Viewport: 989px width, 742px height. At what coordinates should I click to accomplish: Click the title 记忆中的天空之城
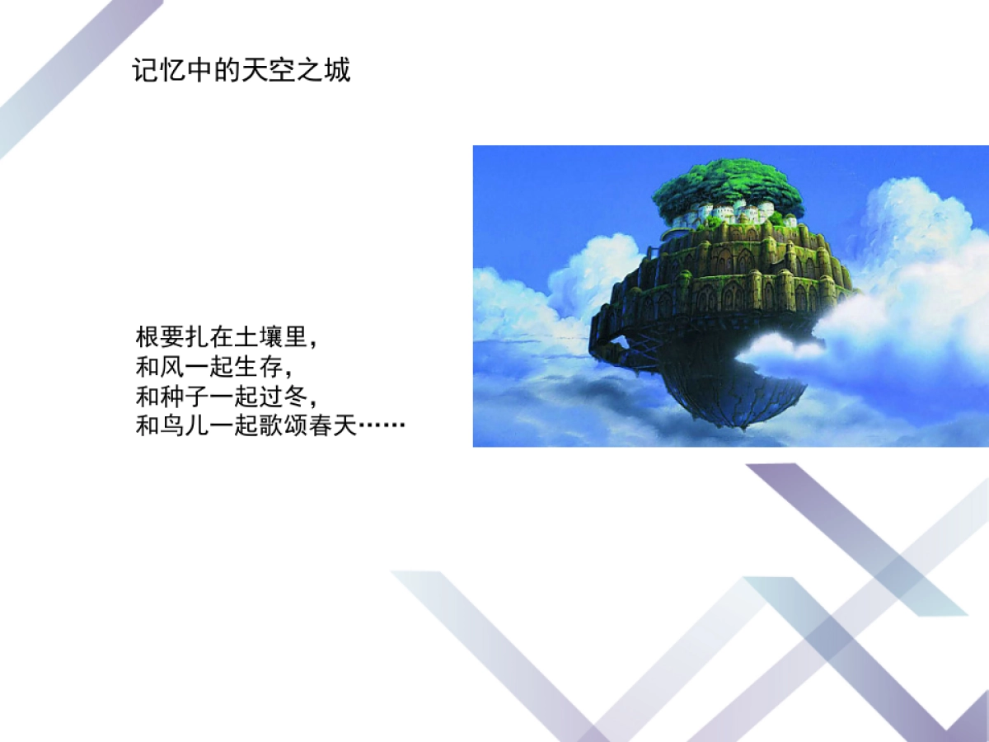coord(241,71)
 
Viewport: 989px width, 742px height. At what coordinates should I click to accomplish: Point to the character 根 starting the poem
coord(147,337)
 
